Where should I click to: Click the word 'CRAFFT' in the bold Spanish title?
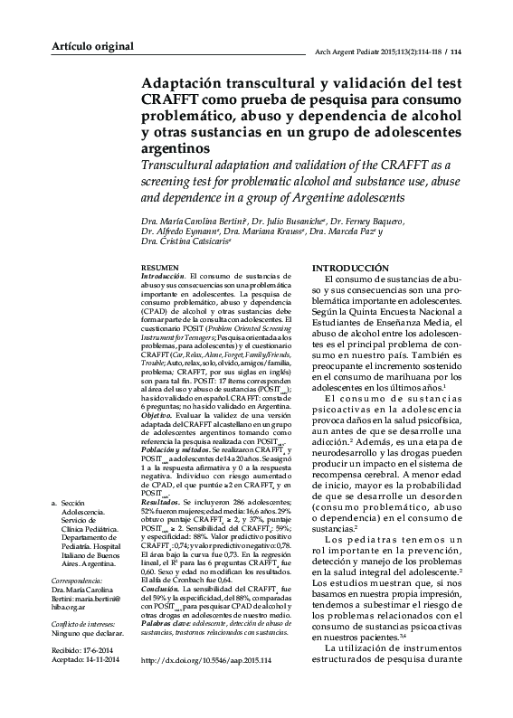(x=174, y=98)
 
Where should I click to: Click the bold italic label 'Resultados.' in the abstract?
(x=165, y=500)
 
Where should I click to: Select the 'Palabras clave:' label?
(x=168, y=625)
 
